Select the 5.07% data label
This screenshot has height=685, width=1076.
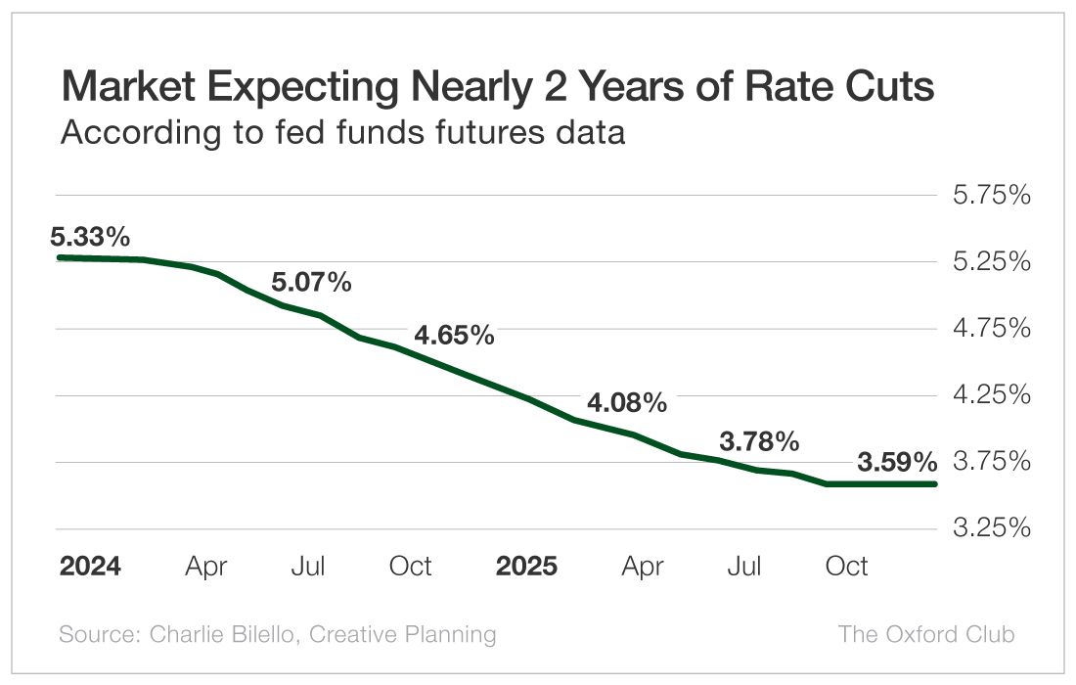pos(311,283)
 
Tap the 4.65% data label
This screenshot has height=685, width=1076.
pos(454,336)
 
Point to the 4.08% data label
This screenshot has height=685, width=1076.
pos(627,402)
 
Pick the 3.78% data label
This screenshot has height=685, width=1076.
pos(759,441)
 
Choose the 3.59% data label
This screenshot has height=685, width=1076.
pos(897,462)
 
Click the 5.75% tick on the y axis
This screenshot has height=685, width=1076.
pos(992,196)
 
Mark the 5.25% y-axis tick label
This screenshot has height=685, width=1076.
pos(992,262)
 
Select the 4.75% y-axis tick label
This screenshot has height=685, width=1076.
pos(992,329)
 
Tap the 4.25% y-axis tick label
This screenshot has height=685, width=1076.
pos(992,395)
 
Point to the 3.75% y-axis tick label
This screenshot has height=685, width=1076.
pos(992,462)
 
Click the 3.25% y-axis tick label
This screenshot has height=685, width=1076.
pos(992,528)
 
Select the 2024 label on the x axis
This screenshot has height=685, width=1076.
pos(90,567)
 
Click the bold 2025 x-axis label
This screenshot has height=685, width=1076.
pos(526,567)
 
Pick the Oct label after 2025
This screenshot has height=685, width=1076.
pos(846,567)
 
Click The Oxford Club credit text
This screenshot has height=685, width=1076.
pos(926,634)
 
